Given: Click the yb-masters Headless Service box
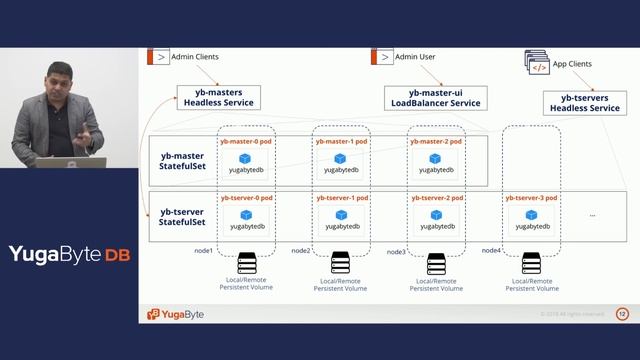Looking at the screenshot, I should point(219,97).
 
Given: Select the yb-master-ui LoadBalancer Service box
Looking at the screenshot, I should point(436,97).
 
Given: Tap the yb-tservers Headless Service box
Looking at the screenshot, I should point(584,102).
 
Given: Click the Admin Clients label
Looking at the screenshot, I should point(196,57).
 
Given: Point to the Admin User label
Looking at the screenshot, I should point(415,57).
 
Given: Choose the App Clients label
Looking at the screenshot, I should point(574,63).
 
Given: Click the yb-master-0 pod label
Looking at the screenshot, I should point(246,142).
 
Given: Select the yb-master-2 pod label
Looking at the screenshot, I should point(436,142).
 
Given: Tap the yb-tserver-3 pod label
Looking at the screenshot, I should point(532,199).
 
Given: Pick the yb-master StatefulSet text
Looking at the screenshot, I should point(183,161).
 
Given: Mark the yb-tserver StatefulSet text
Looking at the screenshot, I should point(182,217).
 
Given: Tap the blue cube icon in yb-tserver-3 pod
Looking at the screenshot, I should point(531,214).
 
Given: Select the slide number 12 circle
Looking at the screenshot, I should point(622,314).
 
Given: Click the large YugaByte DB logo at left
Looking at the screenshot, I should point(69,254).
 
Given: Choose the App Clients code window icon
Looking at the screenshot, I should point(538,66).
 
